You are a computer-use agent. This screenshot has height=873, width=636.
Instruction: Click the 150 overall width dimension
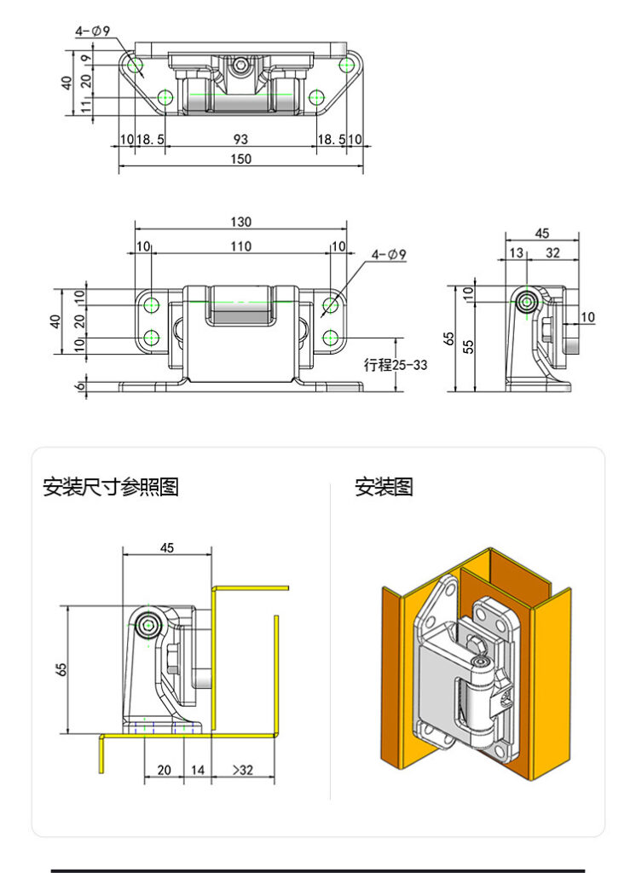pyautogui.click(x=240, y=159)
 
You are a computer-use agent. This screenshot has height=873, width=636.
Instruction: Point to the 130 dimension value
pyautogui.click(x=240, y=222)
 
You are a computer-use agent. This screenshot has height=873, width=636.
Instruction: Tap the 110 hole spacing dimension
pyautogui.click(x=240, y=246)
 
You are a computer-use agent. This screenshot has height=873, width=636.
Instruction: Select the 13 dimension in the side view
pyautogui.click(x=516, y=252)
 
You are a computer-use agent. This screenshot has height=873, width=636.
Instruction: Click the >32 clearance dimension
pyautogui.click(x=243, y=770)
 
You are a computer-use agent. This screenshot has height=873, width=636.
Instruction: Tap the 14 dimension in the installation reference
pyautogui.click(x=198, y=770)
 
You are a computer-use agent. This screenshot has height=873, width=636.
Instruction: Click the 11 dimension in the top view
pyautogui.click(x=85, y=106)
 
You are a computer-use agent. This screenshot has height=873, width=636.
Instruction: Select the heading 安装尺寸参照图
pyautogui.click(x=111, y=488)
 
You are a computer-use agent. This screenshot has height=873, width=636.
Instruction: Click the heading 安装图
pyautogui.click(x=384, y=488)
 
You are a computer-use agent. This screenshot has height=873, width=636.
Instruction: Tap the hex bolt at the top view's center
pyautogui.click(x=243, y=64)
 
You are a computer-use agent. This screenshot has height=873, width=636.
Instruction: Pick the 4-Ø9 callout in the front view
pyautogui.click(x=389, y=255)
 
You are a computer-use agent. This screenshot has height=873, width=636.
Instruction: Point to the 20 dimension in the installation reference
pyautogui.click(x=164, y=770)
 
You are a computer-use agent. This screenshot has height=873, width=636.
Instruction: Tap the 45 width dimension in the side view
pyautogui.click(x=541, y=233)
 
